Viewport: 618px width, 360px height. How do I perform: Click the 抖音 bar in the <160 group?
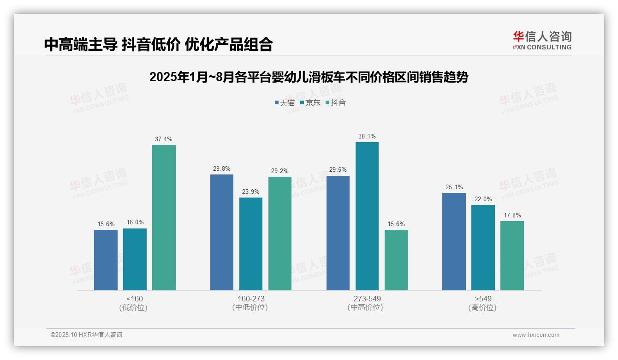pyautogui.click(x=164, y=217)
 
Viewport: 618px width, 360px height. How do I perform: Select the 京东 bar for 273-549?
pyautogui.click(x=367, y=216)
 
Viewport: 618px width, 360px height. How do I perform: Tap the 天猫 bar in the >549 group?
pyautogui.click(x=454, y=241)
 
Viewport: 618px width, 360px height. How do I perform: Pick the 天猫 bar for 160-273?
pyautogui.click(x=222, y=232)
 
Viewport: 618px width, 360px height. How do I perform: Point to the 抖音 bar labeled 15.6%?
pyautogui.click(x=396, y=260)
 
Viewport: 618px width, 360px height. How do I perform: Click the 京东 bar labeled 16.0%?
pyautogui.click(x=135, y=259)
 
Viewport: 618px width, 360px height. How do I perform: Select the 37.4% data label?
pyautogui.click(x=164, y=139)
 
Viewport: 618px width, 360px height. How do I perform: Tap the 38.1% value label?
pyautogui.click(x=367, y=136)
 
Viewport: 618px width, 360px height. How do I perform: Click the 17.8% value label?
pyautogui.click(x=512, y=215)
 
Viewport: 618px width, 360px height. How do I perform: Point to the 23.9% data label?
pyautogui.click(x=251, y=192)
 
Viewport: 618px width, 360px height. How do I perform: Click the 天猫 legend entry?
pyautogui.click(x=284, y=102)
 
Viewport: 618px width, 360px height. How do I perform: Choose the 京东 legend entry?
pyautogui.click(x=310, y=102)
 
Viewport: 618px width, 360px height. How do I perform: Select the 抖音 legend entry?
pyautogui.click(x=335, y=102)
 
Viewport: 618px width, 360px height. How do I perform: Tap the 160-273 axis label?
pyautogui.click(x=251, y=299)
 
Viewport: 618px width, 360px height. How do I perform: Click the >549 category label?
pyautogui.click(x=482, y=299)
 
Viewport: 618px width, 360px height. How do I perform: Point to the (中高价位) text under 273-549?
pyautogui.click(x=365, y=307)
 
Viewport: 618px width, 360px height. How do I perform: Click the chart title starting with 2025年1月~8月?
pyautogui.click(x=309, y=77)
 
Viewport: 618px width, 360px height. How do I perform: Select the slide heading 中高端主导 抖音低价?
pyautogui.click(x=158, y=44)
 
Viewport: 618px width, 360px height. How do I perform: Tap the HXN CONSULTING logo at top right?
pyautogui.click(x=542, y=41)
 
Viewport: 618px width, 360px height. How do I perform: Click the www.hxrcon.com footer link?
pyautogui.click(x=535, y=335)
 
